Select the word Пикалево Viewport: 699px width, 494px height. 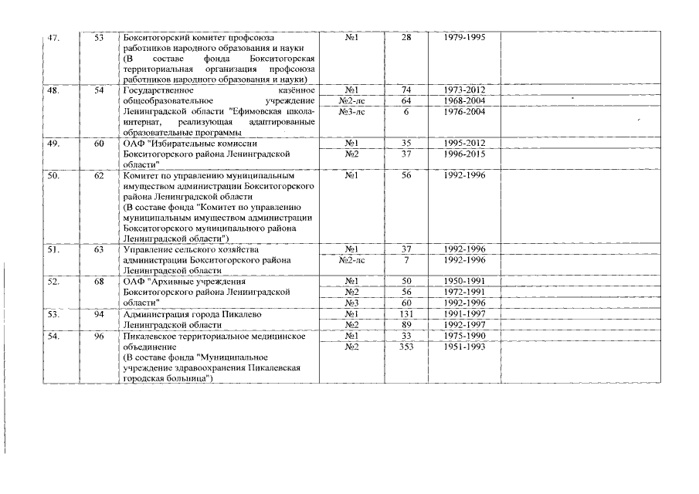click(x=240, y=315)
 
